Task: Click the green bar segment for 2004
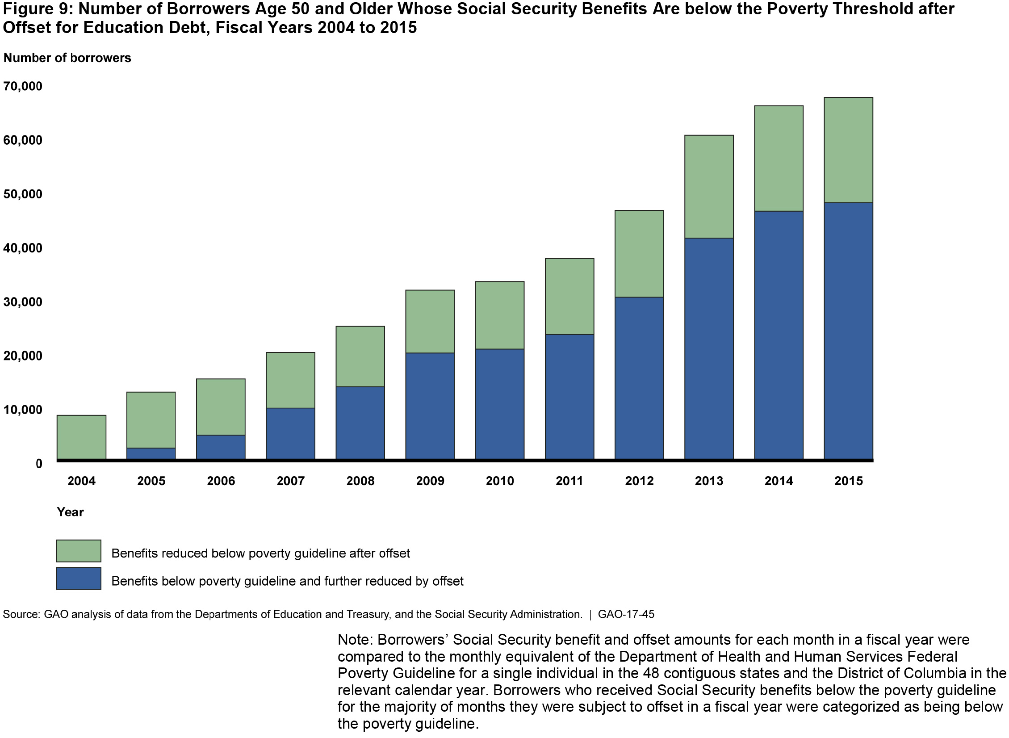81,436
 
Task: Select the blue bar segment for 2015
848,331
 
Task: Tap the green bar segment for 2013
709,186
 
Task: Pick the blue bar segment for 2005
151,453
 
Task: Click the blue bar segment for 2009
430,406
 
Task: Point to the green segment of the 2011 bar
569,296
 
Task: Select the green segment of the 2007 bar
290,380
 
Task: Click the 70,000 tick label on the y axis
23,86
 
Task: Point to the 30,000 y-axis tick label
23,302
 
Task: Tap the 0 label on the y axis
39,464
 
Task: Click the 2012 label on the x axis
639,481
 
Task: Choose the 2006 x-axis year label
221,481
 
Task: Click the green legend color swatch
79,551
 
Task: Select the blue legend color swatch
79,579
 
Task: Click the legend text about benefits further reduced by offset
287,581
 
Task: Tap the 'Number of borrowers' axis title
67,58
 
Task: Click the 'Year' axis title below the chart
70,512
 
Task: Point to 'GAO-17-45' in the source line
626,615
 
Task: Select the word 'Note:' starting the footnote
355,640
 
